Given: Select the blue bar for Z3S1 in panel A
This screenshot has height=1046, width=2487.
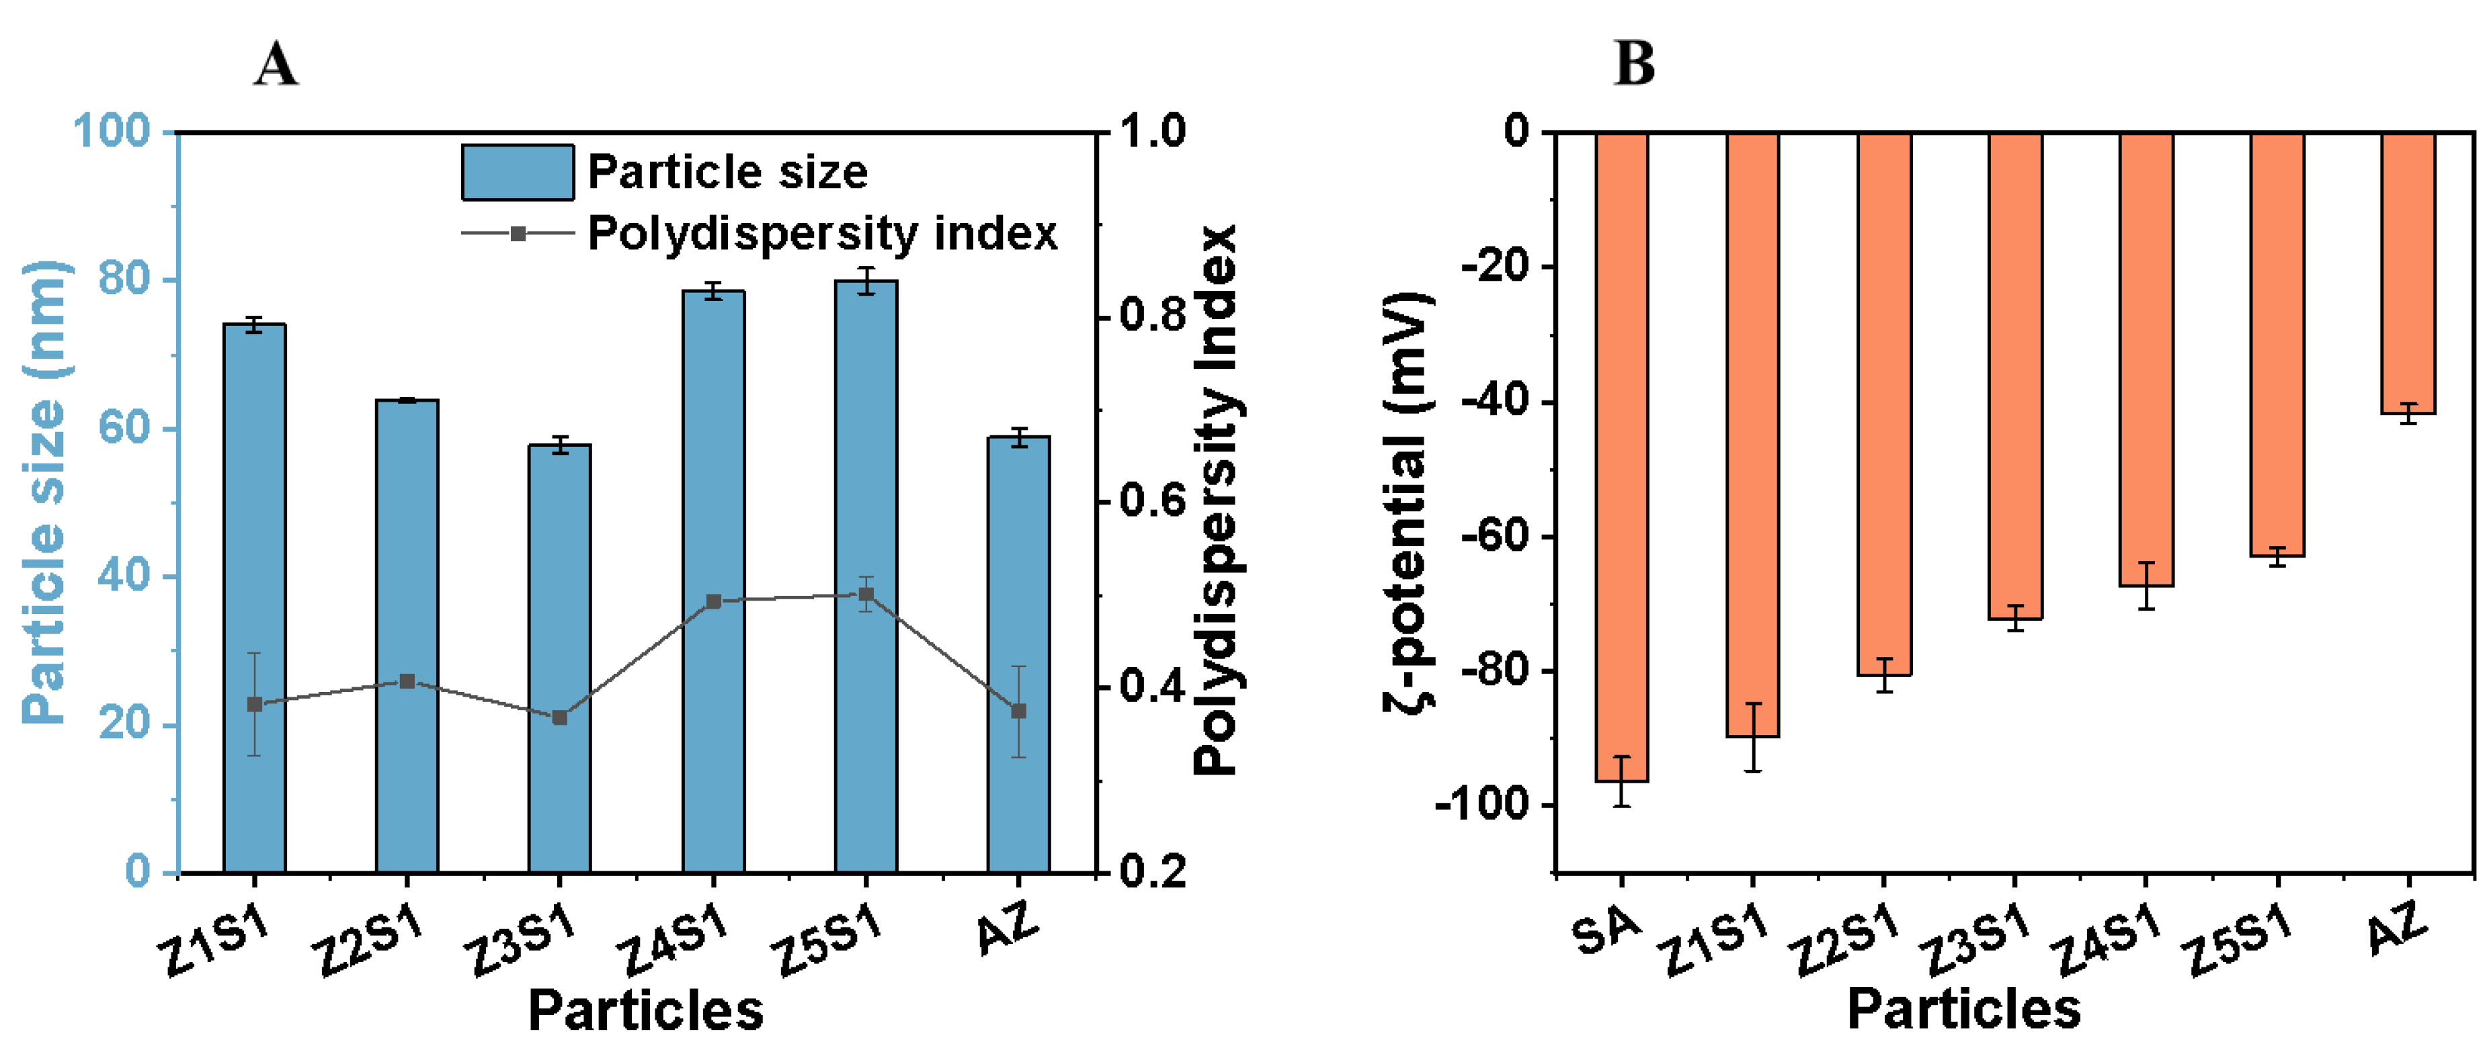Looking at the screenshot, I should (x=559, y=579).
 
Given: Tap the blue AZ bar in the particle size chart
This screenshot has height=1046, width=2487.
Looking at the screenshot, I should (x=1018, y=579).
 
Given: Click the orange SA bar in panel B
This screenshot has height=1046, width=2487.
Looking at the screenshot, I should (x=1621, y=453).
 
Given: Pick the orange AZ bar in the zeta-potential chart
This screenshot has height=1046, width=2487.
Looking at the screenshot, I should (x=2408, y=270).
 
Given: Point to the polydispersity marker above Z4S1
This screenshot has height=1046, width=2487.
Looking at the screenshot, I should (x=713, y=601).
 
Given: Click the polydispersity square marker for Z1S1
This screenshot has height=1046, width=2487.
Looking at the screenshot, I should (x=254, y=705).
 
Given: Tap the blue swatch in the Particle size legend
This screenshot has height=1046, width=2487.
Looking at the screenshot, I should (x=518, y=172).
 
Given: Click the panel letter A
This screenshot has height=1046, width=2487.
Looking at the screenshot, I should (x=276, y=66).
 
